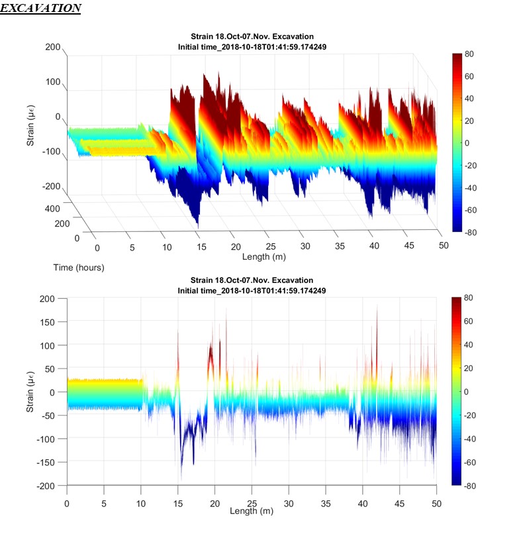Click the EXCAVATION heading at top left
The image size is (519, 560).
click(40, 9)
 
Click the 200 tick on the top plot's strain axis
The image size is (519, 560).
click(53, 48)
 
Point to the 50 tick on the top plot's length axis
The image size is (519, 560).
click(444, 245)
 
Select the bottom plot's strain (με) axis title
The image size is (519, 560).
click(30, 392)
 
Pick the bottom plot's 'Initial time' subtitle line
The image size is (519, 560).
click(252, 291)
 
